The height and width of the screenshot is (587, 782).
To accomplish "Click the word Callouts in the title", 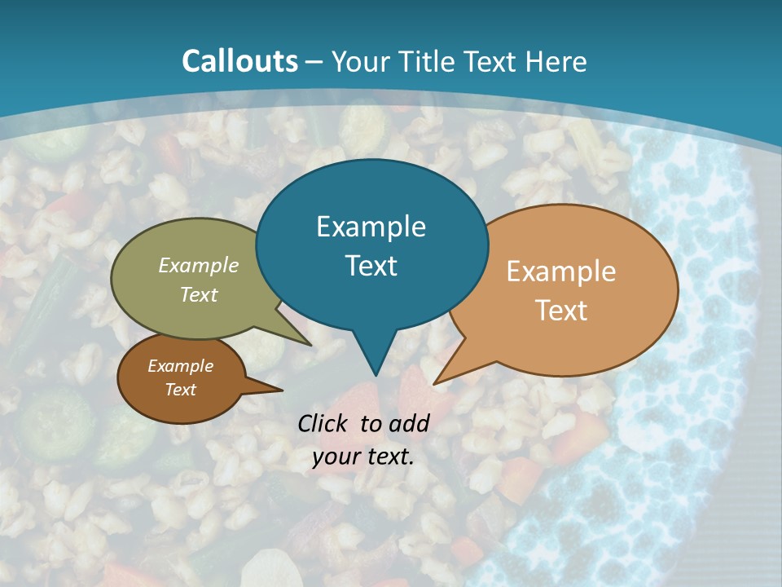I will [x=240, y=61].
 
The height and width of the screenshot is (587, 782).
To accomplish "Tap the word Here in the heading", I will [x=558, y=61].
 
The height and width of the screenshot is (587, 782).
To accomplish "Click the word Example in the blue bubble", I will [x=371, y=227].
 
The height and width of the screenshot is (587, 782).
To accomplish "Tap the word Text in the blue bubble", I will [x=371, y=266].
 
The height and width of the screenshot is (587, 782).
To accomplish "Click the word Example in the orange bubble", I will [x=561, y=271].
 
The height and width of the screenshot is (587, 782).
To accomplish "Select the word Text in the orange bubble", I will [x=561, y=311].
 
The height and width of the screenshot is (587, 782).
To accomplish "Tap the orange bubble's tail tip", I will [x=436, y=382].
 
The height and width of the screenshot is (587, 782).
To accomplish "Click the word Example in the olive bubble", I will [x=199, y=265].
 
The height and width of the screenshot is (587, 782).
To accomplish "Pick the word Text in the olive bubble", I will [x=199, y=294].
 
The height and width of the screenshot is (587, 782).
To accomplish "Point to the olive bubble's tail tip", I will [x=310, y=344].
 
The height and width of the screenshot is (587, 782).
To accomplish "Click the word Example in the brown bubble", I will [x=180, y=366].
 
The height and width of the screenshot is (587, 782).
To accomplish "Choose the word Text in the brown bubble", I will [x=180, y=390].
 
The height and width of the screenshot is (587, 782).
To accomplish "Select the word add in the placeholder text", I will [x=409, y=423].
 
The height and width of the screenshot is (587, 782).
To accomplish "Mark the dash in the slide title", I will [x=314, y=62].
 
